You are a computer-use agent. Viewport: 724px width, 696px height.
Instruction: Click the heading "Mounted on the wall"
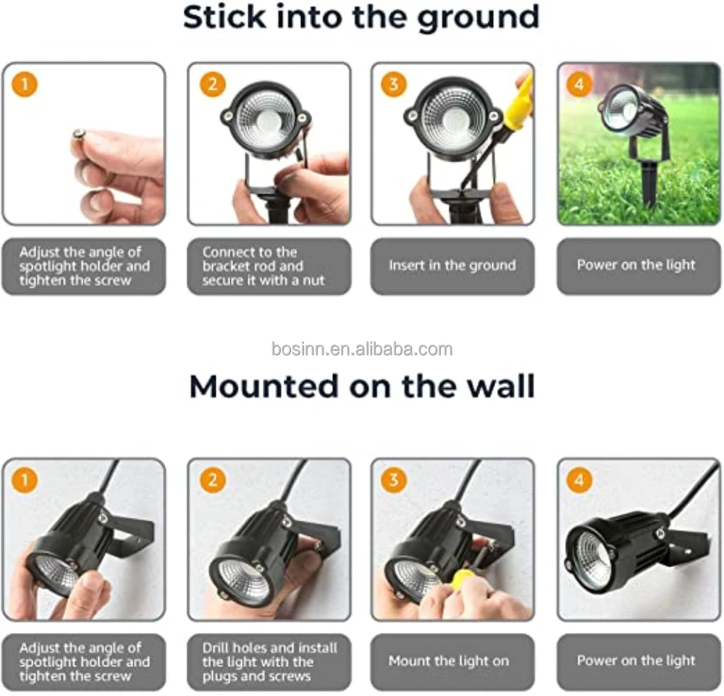[362, 386]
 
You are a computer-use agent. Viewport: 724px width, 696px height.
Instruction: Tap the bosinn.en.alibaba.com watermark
[362, 349]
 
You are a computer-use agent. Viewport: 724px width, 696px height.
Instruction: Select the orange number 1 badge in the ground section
[25, 85]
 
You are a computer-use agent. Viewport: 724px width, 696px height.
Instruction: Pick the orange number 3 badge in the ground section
[393, 85]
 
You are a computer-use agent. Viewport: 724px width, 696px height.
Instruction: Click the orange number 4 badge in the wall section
[579, 480]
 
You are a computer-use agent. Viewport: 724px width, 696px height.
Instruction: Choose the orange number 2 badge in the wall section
[212, 480]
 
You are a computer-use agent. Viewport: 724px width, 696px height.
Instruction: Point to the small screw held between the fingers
[78, 135]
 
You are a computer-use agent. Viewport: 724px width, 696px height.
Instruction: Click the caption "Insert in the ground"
[452, 265]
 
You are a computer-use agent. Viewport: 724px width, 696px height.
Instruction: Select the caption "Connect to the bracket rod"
[253, 259]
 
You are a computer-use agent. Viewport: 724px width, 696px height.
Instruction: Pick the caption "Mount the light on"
[448, 661]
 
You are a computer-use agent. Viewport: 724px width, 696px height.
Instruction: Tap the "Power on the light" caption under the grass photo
[636, 265]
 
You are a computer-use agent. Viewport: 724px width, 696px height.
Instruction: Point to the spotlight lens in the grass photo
[621, 110]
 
